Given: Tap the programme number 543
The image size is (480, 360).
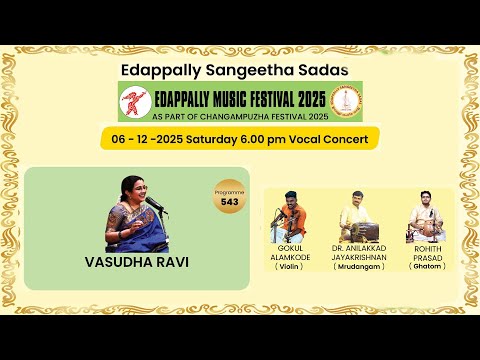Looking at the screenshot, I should click(x=230, y=203).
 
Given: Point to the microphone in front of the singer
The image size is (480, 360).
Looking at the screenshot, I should click(x=155, y=204).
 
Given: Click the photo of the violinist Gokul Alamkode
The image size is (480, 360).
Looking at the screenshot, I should click(x=294, y=214).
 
